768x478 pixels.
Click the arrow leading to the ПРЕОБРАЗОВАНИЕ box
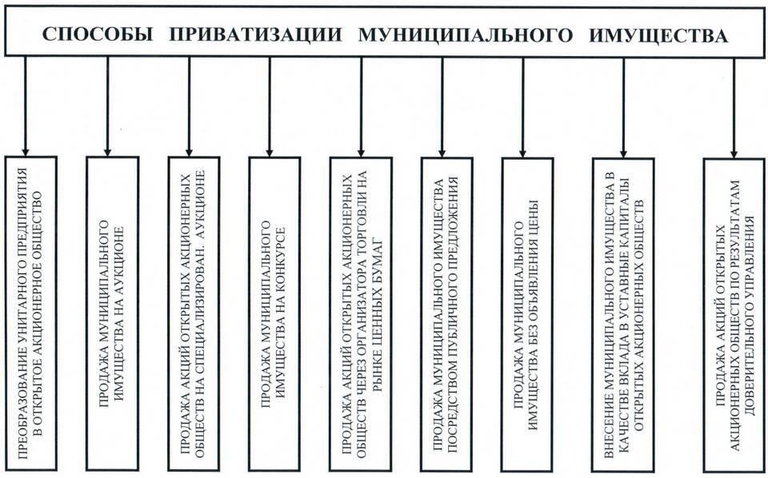(x=26, y=106)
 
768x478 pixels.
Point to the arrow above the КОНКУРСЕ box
(x=270, y=106)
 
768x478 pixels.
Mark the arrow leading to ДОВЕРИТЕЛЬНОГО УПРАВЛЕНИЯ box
(x=734, y=107)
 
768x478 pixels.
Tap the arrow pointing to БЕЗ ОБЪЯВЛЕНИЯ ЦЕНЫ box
(x=522, y=106)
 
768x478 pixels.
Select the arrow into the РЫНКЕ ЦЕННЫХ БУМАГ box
(x=361, y=106)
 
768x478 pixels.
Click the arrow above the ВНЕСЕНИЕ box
(x=623, y=107)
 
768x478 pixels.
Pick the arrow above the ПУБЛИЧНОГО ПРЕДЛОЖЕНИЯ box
(x=442, y=106)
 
